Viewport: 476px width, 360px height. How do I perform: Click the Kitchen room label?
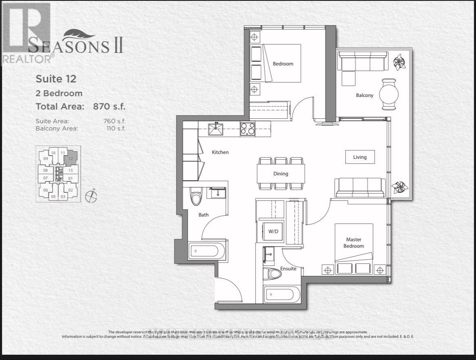pos(220,152)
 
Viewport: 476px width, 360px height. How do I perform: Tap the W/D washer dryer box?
pos(273,232)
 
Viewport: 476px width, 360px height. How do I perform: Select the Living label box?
pos(360,157)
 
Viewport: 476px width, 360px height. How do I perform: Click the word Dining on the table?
pos(281,174)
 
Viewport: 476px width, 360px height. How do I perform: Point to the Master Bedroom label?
pos(354,243)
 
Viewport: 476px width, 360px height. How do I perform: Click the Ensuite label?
pos(288,269)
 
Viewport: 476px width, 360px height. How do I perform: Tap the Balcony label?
pos(364,95)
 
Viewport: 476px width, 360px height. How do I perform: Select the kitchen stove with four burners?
pos(247,129)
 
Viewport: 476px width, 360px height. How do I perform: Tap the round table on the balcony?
pos(390,94)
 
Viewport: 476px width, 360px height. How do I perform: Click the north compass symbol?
pos(92,196)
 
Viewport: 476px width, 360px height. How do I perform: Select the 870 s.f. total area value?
pos(109,107)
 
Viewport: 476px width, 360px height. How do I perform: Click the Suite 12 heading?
pos(56,78)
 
